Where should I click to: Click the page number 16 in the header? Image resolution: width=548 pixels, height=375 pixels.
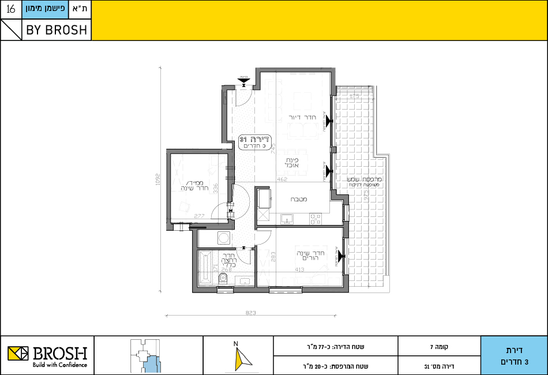click(10, 10)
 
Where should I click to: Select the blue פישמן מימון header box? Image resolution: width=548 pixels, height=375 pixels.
click(46, 10)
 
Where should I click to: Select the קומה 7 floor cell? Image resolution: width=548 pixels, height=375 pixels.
click(439, 347)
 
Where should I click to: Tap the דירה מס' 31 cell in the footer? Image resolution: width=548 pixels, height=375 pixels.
click(439, 366)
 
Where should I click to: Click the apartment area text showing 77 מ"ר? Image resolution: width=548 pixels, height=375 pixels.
click(335, 347)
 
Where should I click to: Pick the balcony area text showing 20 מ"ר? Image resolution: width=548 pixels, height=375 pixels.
click(335, 366)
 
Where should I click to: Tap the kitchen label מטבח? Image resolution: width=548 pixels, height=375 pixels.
click(298, 199)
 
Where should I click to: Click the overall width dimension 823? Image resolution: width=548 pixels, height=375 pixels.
click(250, 312)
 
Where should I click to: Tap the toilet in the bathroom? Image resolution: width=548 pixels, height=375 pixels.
click(224, 279)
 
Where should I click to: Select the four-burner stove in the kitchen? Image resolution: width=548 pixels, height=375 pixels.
click(316, 219)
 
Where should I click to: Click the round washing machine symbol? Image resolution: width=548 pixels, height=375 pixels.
click(223, 238)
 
